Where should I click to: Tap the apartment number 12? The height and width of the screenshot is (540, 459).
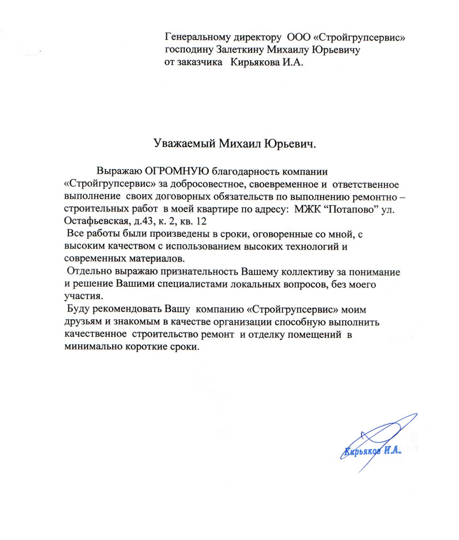point(202,221)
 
